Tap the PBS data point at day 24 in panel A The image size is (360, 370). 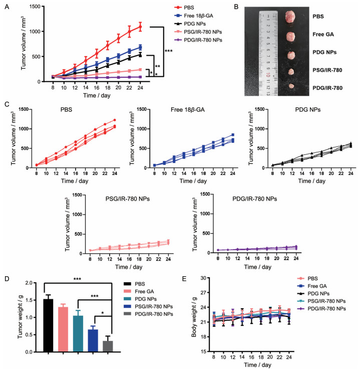[x=140, y=26]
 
